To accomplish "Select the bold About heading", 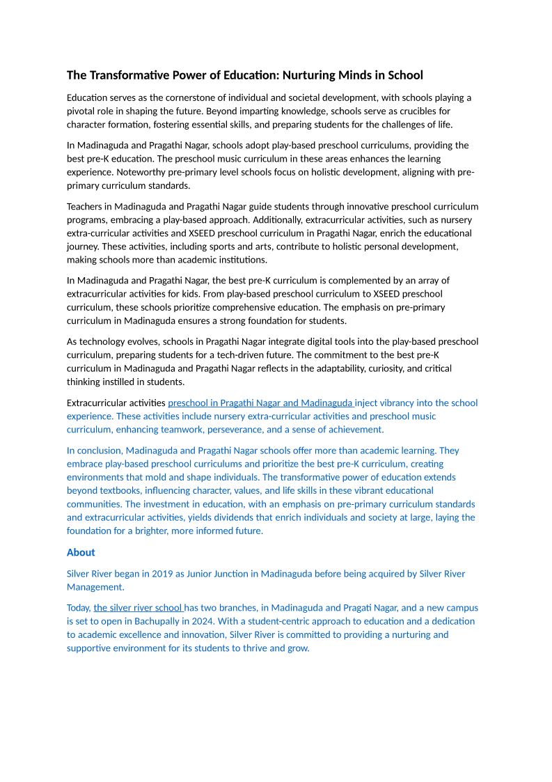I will point(81,552).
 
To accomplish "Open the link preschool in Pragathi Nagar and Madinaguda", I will point(260,402).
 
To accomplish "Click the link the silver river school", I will point(138,607).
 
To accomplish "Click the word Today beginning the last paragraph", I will point(79,607).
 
